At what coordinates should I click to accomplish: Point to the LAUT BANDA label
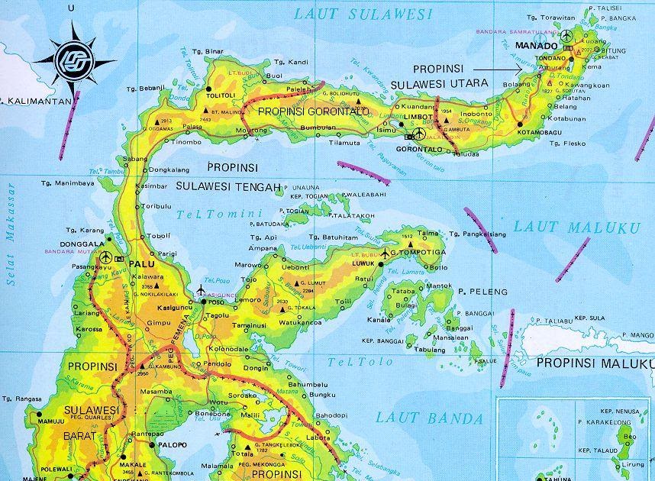pyautogui.click(x=431, y=418)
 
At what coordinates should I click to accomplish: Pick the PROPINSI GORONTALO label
pyautogui.click(x=313, y=111)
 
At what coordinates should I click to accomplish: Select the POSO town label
pyautogui.click(x=216, y=302)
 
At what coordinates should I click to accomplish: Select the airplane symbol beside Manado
pyautogui.click(x=566, y=35)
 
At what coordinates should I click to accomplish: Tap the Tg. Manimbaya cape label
pyautogui.click(x=69, y=183)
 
